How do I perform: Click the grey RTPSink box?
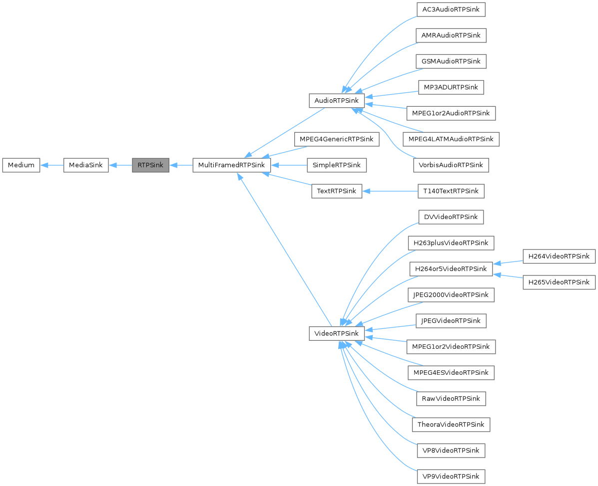tap(150, 165)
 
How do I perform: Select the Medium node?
tap(21, 165)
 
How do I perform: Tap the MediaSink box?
tap(86, 165)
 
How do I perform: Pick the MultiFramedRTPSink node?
tap(232, 165)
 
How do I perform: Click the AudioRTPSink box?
tap(333, 100)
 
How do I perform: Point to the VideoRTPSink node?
tap(334, 334)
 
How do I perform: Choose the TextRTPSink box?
tap(336, 191)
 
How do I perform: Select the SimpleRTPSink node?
tap(337, 165)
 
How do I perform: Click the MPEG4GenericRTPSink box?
tap(336, 139)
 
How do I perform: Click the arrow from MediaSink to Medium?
tap(52, 165)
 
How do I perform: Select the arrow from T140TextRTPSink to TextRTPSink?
tap(390, 191)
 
